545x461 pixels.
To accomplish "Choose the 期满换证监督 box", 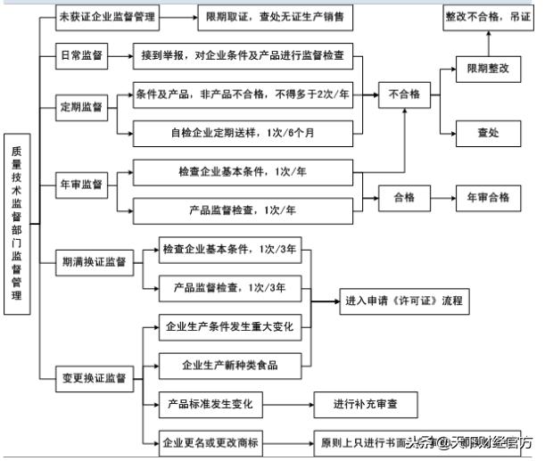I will pos(93,263).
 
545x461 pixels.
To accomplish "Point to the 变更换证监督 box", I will pos(93,378).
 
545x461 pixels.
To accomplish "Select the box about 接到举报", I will pos(243,56).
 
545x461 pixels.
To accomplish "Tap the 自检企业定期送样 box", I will pos(243,133).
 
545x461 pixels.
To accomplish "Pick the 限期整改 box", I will pos(487,68).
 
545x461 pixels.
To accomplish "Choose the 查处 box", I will pos(487,133).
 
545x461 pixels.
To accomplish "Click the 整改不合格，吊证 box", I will pos(487,18).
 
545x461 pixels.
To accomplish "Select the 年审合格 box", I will pos(487,197).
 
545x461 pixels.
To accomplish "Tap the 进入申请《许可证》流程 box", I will pos(404,301).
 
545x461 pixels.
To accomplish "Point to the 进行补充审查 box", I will pos(365,404).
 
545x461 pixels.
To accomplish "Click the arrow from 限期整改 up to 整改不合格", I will pos(487,43).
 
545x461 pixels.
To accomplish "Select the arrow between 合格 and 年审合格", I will pos(442,197).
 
